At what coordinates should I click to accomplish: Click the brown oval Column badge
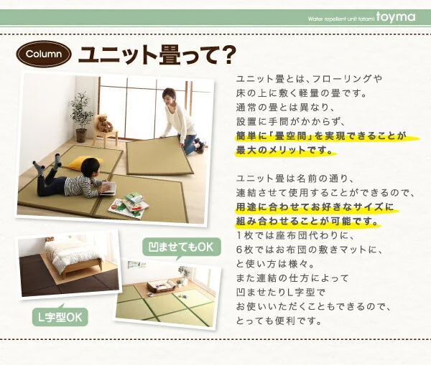click(x=44, y=54)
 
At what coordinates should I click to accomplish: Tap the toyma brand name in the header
click(x=396, y=17)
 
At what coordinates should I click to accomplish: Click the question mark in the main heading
click(x=226, y=55)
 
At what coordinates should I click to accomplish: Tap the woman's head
click(x=169, y=96)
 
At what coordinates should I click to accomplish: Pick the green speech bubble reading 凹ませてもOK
click(x=182, y=247)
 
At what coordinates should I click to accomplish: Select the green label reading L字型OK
click(x=60, y=317)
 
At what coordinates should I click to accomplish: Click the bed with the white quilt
click(x=75, y=257)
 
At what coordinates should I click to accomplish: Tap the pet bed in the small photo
click(x=160, y=286)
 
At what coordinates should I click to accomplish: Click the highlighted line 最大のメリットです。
click(x=284, y=151)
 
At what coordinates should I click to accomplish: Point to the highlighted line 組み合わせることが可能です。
click(x=307, y=221)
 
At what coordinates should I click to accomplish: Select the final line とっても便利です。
click(x=279, y=321)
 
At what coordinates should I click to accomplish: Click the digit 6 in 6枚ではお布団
click(x=240, y=250)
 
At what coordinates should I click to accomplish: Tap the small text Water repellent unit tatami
click(x=340, y=19)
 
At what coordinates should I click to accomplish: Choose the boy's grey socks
click(x=48, y=163)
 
